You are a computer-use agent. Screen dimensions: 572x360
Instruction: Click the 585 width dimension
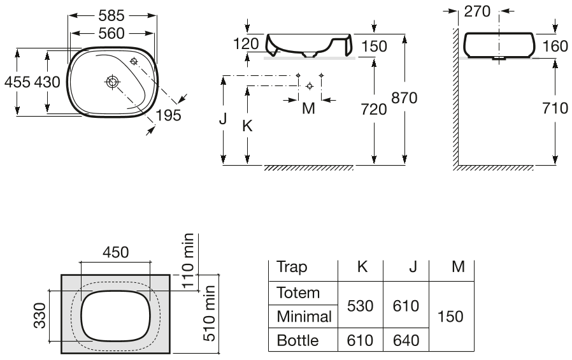tap(111, 15)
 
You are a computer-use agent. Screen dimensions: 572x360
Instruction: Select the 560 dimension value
tap(111, 34)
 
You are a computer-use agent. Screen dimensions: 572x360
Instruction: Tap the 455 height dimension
tap(17, 82)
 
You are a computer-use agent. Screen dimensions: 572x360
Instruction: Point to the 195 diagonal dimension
tap(169, 115)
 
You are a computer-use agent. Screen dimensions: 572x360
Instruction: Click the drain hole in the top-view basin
tap(112, 82)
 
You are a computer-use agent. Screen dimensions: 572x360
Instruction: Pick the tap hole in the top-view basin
tap(134, 61)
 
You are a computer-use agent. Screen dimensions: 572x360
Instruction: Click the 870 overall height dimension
tap(404, 97)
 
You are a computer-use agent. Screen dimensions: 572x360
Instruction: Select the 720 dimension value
tap(374, 109)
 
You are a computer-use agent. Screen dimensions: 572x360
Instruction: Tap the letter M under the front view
tap(309, 108)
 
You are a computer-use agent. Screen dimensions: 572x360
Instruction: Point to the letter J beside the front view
tap(223, 119)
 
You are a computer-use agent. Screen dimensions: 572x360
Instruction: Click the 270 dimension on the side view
tap(477, 11)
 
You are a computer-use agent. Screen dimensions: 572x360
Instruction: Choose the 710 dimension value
tap(555, 108)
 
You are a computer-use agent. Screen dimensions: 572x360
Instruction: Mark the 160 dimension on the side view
tap(555, 47)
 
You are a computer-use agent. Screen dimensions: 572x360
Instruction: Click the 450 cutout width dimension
tap(116, 252)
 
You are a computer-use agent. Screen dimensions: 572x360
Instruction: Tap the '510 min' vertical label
tap(209, 313)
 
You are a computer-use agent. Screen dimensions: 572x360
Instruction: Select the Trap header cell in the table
tap(292, 267)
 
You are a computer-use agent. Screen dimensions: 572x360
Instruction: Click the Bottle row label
tap(297, 340)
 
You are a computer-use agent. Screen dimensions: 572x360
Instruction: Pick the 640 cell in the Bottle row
tap(406, 340)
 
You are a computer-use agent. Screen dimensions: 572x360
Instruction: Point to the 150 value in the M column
tap(450, 316)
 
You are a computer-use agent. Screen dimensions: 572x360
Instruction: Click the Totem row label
tap(298, 293)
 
